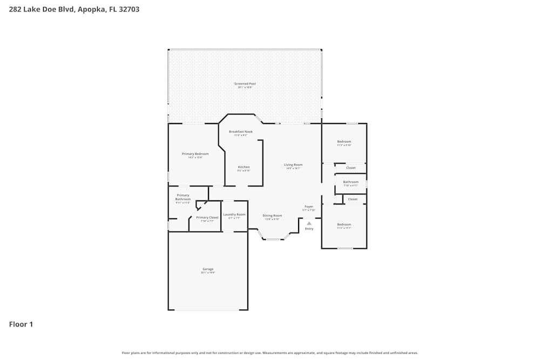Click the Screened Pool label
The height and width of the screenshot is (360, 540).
[x=245, y=84]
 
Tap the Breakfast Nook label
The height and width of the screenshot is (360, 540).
[x=240, y=132]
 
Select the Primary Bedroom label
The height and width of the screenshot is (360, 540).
[x=195, y=154]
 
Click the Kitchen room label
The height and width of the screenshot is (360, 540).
[x=244, y=167]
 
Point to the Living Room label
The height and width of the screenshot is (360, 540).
[x=293, y=165]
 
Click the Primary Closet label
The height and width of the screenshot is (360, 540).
[x=207, y=218]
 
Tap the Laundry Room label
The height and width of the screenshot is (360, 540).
[x=234, y=214]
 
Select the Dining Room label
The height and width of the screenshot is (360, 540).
[x=272, y=215]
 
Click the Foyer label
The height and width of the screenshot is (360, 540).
[x=309, y=207]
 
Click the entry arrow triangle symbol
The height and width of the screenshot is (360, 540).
[x=309, y=223]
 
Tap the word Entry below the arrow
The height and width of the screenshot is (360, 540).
[x=309, y=229]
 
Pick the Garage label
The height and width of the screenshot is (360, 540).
[x=208, y=269]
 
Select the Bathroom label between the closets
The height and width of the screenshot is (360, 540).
[x=350, y=182]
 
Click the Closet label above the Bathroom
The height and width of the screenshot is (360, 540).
[x=350, y=168]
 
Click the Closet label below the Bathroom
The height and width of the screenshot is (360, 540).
[x=353, y=199]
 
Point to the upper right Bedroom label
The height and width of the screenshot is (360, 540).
[x=344, y=141]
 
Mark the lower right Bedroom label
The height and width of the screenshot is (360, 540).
[x=344, y=224]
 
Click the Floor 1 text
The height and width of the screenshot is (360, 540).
[x=21, y=324]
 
